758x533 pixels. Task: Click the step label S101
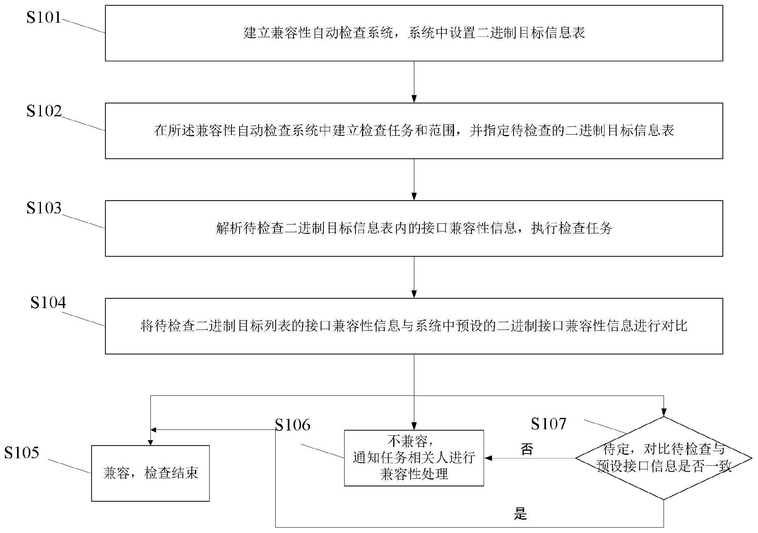(x=44, y=17)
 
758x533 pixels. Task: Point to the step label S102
(x=44, y=111)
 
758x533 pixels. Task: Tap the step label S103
(x=44, y=208)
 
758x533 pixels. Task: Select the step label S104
(x=48, y=303)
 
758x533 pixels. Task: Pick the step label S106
(x=293, y=425)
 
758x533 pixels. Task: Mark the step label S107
(x=548, y=424)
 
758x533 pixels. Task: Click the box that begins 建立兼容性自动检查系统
(x=414, y=33)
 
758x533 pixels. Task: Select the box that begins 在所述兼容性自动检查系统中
(x=414, y=131)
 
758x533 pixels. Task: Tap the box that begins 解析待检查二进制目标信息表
(x=414, y=228)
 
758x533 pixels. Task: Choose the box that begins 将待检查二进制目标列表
(x=414, y=326)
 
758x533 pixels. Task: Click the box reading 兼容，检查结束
(x=150, y=473)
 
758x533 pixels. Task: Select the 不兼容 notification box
(x=414, y=458)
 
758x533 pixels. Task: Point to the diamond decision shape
(x=664, y=458)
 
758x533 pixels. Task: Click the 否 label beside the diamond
(x=527, y=449)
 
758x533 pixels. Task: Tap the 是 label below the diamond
(x=520, y=514)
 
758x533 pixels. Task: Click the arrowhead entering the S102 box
(x=414, y=99)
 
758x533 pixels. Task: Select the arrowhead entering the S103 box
(x=414, y=197)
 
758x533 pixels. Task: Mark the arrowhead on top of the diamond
(x=664, y=413)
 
